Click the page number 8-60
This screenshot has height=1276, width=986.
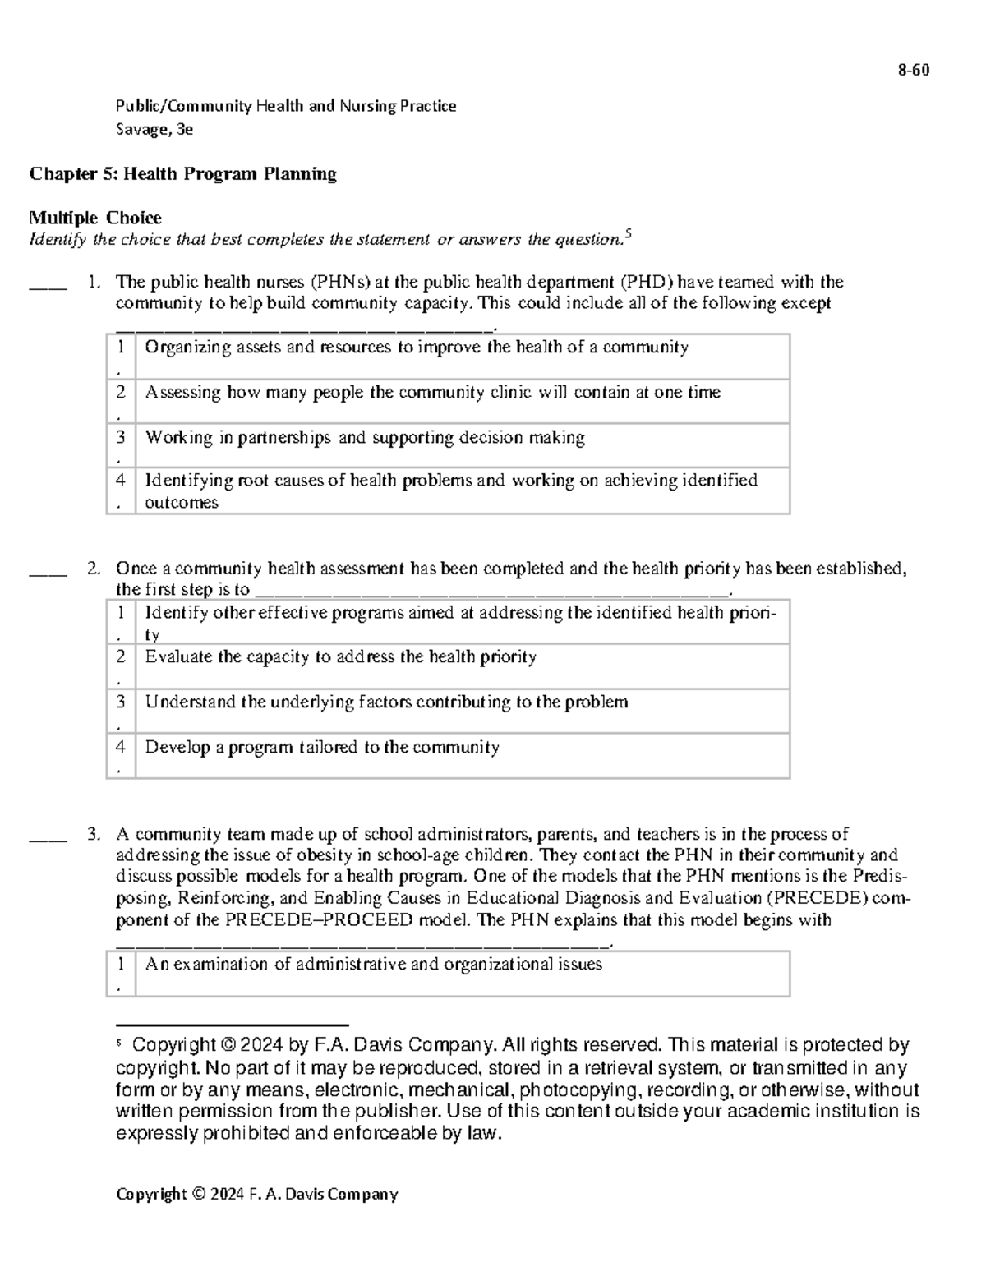[x=913, y=71]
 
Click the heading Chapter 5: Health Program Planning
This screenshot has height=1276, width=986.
[x=182, y=173]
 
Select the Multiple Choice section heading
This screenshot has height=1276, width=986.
[x=95, y=218]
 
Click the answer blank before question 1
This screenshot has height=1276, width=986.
[x=48, y=286]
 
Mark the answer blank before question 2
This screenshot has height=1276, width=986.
[x=48, y=573]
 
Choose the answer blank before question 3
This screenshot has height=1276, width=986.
[x=48, y=839]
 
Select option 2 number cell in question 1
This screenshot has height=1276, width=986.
[x=121, y=400]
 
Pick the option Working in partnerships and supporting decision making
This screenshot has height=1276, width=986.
[x=365, y=438]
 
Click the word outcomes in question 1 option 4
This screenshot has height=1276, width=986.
[x=182, y=503]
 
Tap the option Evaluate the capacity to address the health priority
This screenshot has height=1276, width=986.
[x=340, y=657]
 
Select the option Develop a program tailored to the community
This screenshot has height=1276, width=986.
[x=322, y=748]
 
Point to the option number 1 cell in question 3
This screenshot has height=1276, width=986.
[x=121, y=973]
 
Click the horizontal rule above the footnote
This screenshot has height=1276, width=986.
[x=233, y=1025]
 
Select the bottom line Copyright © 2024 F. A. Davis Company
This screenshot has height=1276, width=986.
[x=256, y=1194]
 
